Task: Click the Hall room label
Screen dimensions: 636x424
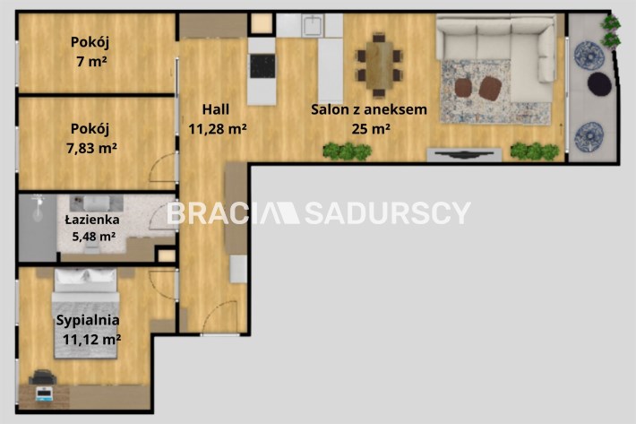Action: tap(215, 109)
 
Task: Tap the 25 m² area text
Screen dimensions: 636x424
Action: tap(371, 128)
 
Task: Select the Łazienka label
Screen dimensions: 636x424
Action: tap(92, 220)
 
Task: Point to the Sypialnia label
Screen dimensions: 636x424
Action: tap(88, 320)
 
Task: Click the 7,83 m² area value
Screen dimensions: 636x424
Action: tap(91, 148)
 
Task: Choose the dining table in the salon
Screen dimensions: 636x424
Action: tap(379, 65)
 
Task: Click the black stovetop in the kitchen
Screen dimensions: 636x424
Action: tap(262, 65)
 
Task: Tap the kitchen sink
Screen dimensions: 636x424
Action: tap(313, 25)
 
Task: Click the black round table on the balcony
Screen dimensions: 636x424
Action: tap(599, 83)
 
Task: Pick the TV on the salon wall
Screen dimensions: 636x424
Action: tap(464, 154)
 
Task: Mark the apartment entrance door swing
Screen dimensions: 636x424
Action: tap(219, 317)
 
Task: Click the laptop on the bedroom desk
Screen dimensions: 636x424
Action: tap(43, 394)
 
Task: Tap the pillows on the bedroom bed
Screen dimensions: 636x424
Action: tap(86, 276)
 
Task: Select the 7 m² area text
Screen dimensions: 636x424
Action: tap(91, 62)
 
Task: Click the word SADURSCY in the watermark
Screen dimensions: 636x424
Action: tap(387, 213)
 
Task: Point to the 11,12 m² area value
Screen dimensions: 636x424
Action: tap(91, 339)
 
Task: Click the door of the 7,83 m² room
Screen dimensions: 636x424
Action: tap(163, 168)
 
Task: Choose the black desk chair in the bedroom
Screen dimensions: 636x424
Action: tap(42, 377)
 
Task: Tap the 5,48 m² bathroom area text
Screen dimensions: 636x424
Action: tap(94, 236)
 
